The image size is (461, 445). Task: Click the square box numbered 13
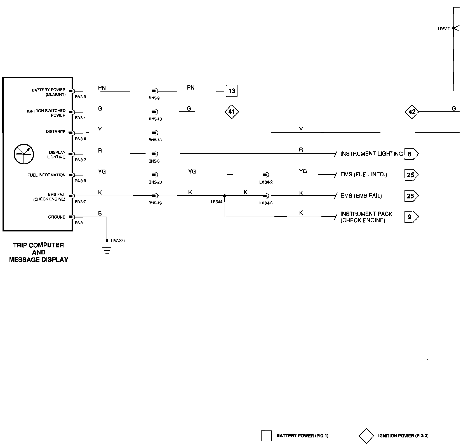(x=232, y=91)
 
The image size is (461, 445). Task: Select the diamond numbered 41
(x=232, y=112)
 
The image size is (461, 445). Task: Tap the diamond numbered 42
(x=412, y=112)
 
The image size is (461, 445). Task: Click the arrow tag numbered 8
(x=411, y=154)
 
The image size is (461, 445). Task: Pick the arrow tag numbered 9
(x=411, y=217)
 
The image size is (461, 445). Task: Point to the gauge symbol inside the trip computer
(x=23, y=154)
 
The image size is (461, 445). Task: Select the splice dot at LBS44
(x=225, y=196)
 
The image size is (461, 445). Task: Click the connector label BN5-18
(x=155, y=140)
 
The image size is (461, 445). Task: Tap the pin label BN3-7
(x=81, y=202)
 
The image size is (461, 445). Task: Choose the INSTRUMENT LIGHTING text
(x=371, y=154)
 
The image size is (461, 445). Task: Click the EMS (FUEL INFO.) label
(x=364, y=175)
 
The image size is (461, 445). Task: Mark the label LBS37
(x=444, y=29)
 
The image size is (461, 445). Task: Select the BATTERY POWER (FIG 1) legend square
(x=266, y=436)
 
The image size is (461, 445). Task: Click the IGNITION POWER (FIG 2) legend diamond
(x=366, y=436)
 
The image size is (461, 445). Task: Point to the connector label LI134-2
(x=266, y=182)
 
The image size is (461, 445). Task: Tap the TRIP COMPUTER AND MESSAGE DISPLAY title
(x=39, y=252)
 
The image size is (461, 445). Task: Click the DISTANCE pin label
(x=56, y=132)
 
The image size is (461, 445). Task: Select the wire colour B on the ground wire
(x=100, y=214)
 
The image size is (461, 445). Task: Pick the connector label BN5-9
(x=154, y=98)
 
